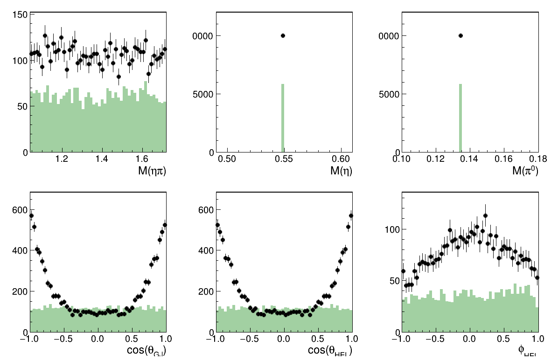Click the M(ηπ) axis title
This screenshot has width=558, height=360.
point(152,171)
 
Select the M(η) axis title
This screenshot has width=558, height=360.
point(341,171)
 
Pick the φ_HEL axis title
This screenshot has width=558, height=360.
point(528,351)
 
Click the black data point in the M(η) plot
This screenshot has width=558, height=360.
point(283,35)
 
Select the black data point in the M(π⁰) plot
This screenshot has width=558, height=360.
point(460,35)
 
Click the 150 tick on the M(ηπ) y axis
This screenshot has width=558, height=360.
point(20,14)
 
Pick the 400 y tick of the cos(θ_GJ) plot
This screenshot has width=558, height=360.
point(20,250)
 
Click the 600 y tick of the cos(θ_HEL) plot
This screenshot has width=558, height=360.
point(206,210)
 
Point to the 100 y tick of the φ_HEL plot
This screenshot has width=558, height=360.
point(392,229)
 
